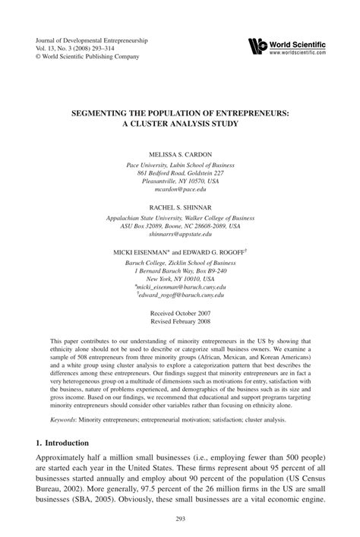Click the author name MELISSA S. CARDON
tap(180, 153)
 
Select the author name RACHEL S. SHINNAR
tap(180, 207)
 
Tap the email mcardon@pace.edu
tap(180, 191)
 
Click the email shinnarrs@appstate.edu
tap(180, 235)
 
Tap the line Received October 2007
tap(180, 312)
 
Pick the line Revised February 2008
tap(180, 321)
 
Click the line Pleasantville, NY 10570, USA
tap(180, 182)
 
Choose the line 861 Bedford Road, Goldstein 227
tap(180, 173)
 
